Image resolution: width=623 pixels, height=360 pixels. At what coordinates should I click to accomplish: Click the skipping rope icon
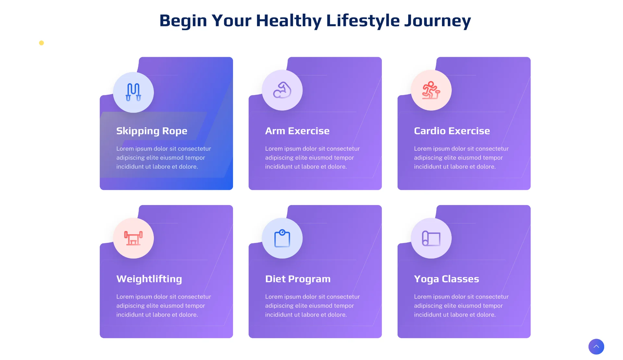(x=133, y=92)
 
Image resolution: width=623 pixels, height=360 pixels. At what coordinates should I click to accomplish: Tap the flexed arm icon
(x=282, y=90)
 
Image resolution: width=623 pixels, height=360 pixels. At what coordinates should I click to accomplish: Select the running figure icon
(x=431, y=90)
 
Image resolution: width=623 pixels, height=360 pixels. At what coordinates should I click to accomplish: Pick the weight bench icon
(x=133, y=238)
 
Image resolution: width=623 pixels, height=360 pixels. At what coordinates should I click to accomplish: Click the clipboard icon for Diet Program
(x=282, y=238)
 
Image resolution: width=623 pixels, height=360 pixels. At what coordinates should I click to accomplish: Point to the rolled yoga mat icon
(x=431, y=238)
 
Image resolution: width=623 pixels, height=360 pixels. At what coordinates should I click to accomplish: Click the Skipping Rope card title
(x=152, y=131)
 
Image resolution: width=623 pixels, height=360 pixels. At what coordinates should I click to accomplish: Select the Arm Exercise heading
(x=297, y=131)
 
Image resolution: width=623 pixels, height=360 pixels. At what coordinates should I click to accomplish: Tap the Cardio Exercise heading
(x=452, y=131)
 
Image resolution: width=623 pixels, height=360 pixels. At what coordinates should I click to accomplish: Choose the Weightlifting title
(x=149, y=279)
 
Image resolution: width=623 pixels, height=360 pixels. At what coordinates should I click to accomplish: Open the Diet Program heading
(x=298, y=279)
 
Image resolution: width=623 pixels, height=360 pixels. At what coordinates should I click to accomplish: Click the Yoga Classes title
(x=446, y=279)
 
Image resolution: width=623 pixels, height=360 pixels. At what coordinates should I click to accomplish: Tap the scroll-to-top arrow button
(x=596, y=346)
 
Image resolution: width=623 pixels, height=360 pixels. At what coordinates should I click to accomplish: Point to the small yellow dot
(x=41, y=43)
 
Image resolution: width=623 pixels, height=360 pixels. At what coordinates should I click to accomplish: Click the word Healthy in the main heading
(x=289, y=20)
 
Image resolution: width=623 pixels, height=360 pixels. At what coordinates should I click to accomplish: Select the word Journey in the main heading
(x=437, y=20)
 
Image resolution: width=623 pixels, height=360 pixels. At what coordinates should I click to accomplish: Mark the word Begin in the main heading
(x=183, y=20)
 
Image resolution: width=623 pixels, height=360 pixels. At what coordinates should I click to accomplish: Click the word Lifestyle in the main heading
(x=363, y=20)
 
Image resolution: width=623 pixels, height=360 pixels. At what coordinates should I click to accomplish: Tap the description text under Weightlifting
(x=164, y=306)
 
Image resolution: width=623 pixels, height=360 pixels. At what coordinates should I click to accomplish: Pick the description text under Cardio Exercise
(x=461, y=158)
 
